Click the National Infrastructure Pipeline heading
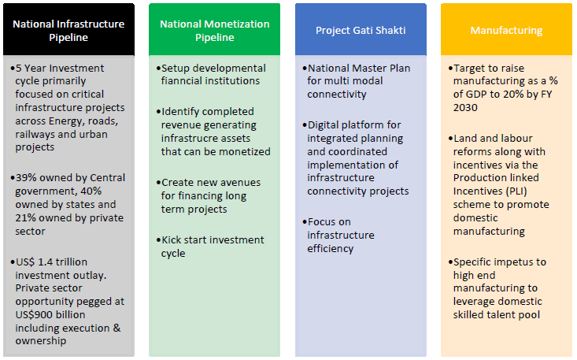point(68,30)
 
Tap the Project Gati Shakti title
point(361,31)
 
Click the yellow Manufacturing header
point(506,31)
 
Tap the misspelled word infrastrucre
point(198,138)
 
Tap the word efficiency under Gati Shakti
point(331,248)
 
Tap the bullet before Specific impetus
point(449,262)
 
